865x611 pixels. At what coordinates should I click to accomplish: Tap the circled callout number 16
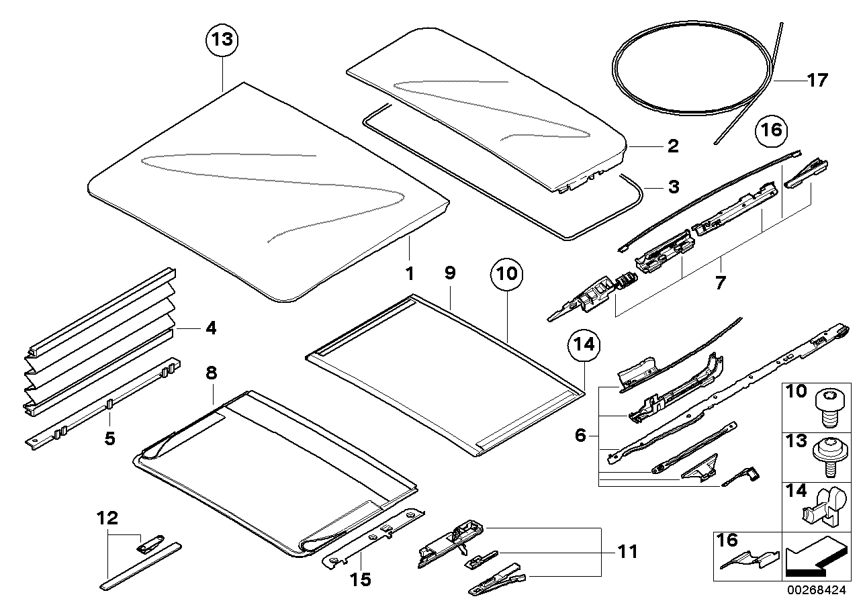772,130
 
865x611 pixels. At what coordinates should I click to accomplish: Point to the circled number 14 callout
584,344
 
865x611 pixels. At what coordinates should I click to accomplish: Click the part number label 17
817,80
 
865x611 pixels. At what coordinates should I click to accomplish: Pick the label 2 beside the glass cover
673,146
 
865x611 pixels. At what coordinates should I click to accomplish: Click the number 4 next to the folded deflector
211,328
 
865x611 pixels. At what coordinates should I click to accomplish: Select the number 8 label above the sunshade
211,374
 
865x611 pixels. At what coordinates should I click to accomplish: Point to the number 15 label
361,578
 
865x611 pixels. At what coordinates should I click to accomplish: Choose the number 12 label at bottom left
107,518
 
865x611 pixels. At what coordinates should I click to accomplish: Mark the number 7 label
719,283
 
